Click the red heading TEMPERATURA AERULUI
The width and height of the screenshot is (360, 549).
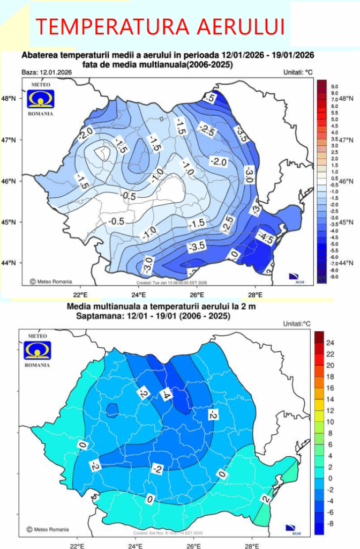[160, 26]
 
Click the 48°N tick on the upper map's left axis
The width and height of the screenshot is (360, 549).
[11, 99]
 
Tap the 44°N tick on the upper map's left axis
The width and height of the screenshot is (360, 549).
[11, 263]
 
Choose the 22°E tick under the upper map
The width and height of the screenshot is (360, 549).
[80, 294]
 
